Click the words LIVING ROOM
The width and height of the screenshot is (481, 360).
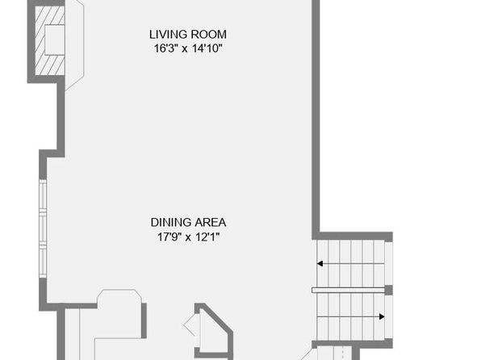click(188, 35)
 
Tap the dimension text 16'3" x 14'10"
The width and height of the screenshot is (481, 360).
click(188, 48)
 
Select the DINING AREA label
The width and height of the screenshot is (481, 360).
click(188, 223)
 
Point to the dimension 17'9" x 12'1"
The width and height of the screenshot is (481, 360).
click(188, 237)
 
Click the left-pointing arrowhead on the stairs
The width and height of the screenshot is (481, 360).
click(320, 264)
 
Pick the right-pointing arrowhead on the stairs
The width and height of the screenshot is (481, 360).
click(382, 316)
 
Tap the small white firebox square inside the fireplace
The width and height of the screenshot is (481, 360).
click(55, 40)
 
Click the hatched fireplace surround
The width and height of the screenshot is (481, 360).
click(40, 40)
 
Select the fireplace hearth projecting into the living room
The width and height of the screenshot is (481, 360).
click(74, 45)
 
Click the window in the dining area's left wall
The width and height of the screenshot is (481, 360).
click(43, 228)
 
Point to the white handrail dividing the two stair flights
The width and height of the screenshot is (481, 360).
click(348, 290)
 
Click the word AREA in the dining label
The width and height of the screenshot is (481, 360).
click(211, 223)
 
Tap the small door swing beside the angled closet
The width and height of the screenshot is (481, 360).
click(190, 324)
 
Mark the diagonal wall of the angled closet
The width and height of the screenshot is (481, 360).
click(217, 318)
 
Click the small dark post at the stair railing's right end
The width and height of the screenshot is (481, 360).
click(389, 290)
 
